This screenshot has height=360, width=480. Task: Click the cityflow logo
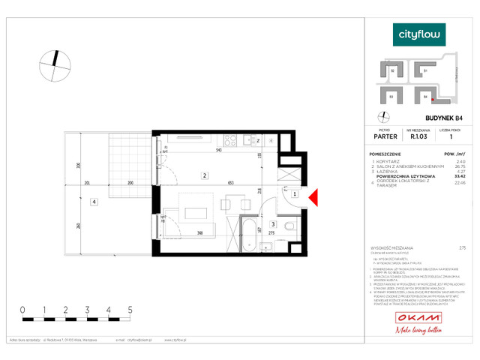(420, 34)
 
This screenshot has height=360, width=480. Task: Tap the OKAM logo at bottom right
(418, 322)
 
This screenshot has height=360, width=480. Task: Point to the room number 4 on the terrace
(93, 201)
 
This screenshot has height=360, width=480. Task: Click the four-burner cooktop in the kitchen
(231, 140)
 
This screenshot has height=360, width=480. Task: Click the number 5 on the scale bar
(130, 309)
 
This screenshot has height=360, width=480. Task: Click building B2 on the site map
(393, 72)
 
